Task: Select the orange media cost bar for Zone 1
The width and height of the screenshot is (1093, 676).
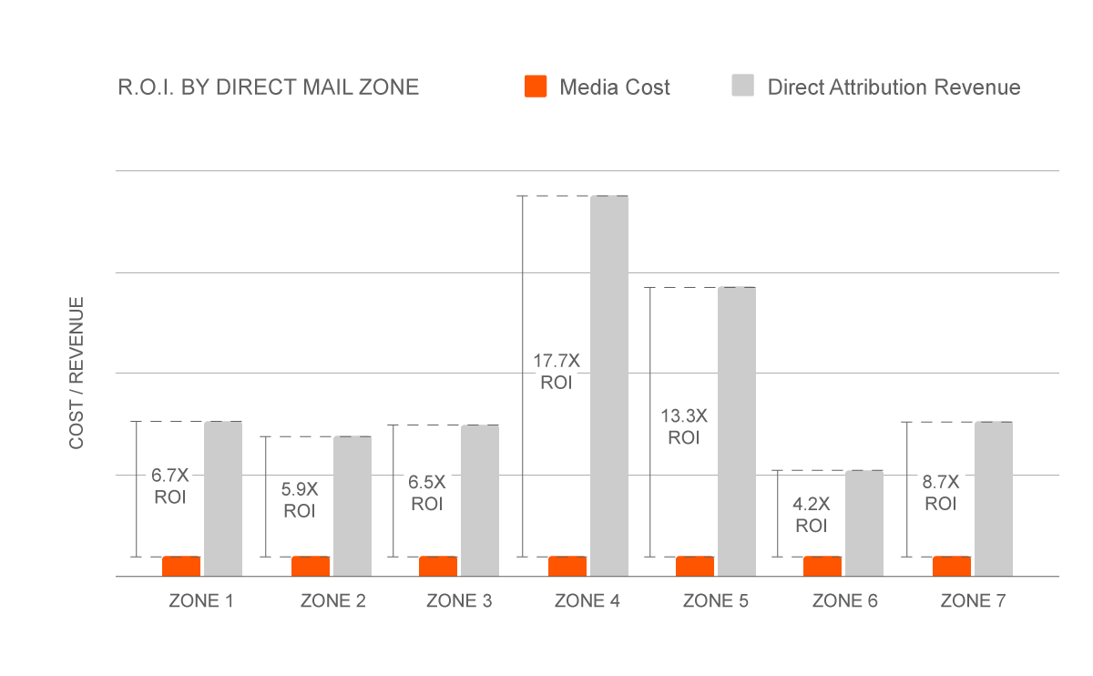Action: [x=181, y=566]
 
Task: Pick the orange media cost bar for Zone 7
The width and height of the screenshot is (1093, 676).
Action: [x=952, y=566]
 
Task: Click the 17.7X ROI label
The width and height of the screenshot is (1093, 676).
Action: [x=556, y=372]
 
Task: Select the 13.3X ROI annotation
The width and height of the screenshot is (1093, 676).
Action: [x=683, y=426]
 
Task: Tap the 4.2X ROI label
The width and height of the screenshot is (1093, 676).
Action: [x=812, y=515]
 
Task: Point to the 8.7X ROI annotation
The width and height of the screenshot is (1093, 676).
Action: [x=941, y=492]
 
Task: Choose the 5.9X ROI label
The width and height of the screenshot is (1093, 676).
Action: [x=300, y=500]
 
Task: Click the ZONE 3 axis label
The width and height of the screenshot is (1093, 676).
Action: [x=459, y=601]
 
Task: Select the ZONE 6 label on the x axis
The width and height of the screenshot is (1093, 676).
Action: [x=844, y=601]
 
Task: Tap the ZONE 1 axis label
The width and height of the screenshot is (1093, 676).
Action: [x=200, y=601]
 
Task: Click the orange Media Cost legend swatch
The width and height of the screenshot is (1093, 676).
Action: [x=536, y=87]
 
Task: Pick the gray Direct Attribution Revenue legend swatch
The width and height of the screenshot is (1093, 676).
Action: [x=743, y=87]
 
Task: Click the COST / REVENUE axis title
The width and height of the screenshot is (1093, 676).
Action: [x=77, y=373]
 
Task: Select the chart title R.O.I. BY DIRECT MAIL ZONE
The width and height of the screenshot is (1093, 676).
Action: [x=269, y=87]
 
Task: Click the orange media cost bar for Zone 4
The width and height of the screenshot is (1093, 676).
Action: [x=567, y=566]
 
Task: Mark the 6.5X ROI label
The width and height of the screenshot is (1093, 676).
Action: [x=427, y=492]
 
